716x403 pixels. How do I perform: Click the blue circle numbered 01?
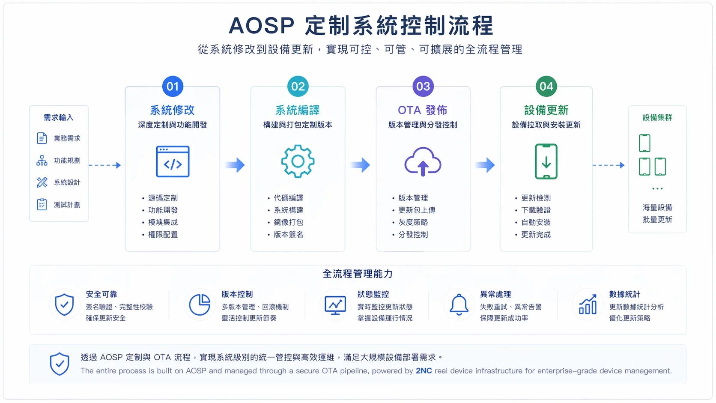[173, 86]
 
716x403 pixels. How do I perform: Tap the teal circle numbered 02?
[298, 86]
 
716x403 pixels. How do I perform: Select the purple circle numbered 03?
[423, 86]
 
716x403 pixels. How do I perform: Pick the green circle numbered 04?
[546, 86]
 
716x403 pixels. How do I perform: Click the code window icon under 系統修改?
[173, 161]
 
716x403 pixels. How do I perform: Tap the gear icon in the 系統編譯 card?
[298, 161]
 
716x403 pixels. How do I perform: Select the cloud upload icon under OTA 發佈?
[423, 162]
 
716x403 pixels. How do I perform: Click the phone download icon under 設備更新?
[546, 161]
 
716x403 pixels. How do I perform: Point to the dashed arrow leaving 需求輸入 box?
[105, 165]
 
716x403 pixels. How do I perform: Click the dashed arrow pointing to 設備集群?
[609, 165]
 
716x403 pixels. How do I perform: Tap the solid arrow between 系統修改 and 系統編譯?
[235, 165]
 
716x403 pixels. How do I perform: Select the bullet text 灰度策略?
[413, 222]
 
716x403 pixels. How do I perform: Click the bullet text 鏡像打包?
[288, 222]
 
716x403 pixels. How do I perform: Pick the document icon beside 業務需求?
[42, 138]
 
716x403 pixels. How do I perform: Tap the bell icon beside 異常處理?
[459, 304]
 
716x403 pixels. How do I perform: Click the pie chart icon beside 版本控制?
[200, 304]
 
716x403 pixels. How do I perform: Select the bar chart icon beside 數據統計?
[588, 304]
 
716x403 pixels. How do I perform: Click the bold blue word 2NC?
[424, 371]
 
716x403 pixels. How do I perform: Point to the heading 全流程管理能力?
[358, 274]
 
